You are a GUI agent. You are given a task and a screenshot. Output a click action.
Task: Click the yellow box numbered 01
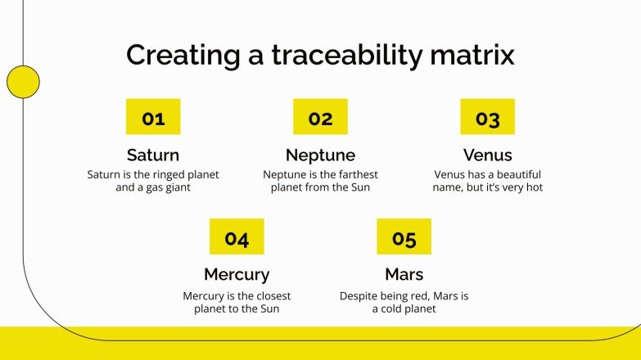pyautogui.click(x=153, y=117)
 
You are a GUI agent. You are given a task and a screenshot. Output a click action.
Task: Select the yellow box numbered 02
pyautogui.click(x=320, y=117)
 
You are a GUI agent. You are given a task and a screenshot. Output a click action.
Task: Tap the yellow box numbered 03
pyautogui.click(x=487, y=117)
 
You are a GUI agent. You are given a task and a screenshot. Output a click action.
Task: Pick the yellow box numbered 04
pyautogui.click(x=237, y=236)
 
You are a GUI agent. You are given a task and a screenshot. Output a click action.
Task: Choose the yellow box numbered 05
pyautogui.click(x=404, y=236)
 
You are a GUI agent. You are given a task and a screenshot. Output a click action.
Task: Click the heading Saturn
pyautogui.click(x=153, y=155)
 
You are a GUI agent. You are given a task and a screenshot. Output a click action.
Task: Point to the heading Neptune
pyautogui.click(x=320, y=155)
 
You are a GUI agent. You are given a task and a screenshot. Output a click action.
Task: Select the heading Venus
pyautogui.click(x=487, y=155)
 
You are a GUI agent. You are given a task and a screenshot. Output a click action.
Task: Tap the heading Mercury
pyautogui.click(x=237, y=274)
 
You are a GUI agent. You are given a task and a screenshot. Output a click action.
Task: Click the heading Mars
pyautogui.click(x=404, y=274)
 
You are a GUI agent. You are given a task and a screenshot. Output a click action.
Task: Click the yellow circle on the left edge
pyautogui.click(x=23, y=82)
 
